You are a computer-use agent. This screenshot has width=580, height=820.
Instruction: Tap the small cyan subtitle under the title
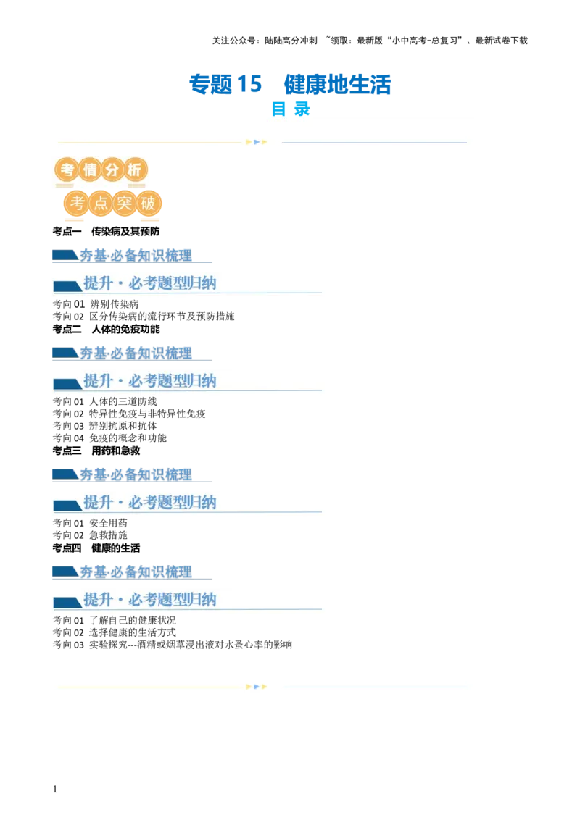(290, 109)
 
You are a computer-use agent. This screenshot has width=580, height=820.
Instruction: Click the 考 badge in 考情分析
(67, 170)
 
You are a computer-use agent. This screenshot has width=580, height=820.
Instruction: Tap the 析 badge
(135, 170)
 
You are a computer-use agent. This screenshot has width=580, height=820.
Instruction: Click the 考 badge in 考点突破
(75, 204)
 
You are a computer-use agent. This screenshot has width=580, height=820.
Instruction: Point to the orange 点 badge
(99, 204)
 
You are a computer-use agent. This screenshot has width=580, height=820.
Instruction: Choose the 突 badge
(123, 204)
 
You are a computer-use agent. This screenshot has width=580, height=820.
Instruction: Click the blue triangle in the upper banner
(257, 142)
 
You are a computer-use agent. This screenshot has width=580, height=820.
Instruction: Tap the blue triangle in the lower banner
(257, 687)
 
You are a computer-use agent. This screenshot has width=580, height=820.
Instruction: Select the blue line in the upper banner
(373, 142)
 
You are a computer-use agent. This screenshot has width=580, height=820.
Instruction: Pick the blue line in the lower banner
(373, 687)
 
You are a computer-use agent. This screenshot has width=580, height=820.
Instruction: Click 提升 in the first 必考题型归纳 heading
(98, 283)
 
